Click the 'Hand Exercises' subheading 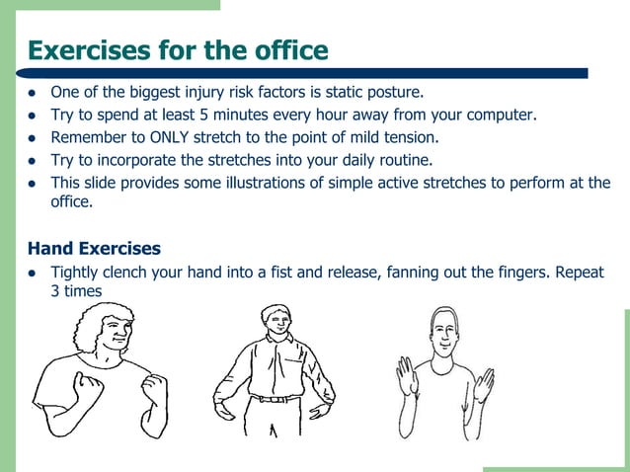pos(95,247)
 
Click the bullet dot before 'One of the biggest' pos(33,94)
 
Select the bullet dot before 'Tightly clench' pos(33,273)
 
